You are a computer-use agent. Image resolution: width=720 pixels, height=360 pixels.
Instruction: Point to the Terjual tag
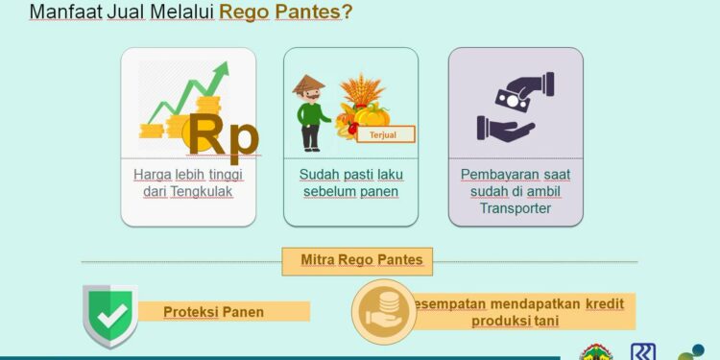point(385,134)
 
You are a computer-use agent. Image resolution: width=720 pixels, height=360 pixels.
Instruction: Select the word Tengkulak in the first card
point(202,191)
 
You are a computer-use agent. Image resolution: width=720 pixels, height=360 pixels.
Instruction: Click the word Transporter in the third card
point(516,207)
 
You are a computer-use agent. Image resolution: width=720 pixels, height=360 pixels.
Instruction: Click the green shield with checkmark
point(109,315)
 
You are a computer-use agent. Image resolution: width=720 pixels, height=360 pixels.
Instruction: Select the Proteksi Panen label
point(213,312)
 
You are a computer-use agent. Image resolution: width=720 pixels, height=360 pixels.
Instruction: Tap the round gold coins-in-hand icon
point(382,311)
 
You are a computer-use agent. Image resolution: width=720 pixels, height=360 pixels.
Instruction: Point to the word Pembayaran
point(498,175)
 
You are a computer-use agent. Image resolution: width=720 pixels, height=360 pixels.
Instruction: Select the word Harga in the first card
point(153,175)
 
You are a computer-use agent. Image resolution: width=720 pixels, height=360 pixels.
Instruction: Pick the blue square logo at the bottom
point(643,351)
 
